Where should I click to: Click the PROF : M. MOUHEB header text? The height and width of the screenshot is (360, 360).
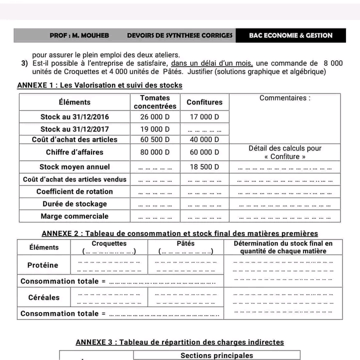[79, 35]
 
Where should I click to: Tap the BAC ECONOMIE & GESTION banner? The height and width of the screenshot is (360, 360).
[290, 35]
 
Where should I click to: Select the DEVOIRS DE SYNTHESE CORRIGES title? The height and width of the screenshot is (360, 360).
[179, 35]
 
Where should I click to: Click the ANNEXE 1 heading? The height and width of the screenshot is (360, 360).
[99, 85]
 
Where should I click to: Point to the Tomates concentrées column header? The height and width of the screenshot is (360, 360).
[155, 102]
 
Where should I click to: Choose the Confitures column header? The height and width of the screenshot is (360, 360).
[204, 102]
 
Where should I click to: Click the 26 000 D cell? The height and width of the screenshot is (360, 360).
[155, 117]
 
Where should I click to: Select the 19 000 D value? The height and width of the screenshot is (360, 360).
[155, 129]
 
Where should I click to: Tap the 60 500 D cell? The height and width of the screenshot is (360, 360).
[155, 139]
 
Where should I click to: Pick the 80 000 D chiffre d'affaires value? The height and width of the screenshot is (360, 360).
[155, 152]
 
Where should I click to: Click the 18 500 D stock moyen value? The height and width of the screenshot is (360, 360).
[204, 166]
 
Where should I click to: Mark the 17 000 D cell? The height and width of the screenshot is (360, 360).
[204, 117]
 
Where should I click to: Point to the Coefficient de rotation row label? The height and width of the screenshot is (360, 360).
[74, 191]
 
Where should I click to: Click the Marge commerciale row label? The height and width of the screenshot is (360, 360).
[74, 216]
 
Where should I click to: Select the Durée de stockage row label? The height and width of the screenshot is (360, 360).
[74, 204]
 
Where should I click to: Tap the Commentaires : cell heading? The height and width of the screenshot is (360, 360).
[285, 98]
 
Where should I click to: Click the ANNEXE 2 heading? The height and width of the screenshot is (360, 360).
[179, 233]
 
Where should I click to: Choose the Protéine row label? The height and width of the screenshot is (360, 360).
[43, 265]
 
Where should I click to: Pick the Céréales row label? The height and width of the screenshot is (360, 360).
[44, 297]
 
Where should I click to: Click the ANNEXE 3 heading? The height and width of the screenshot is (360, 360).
[179, 342]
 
